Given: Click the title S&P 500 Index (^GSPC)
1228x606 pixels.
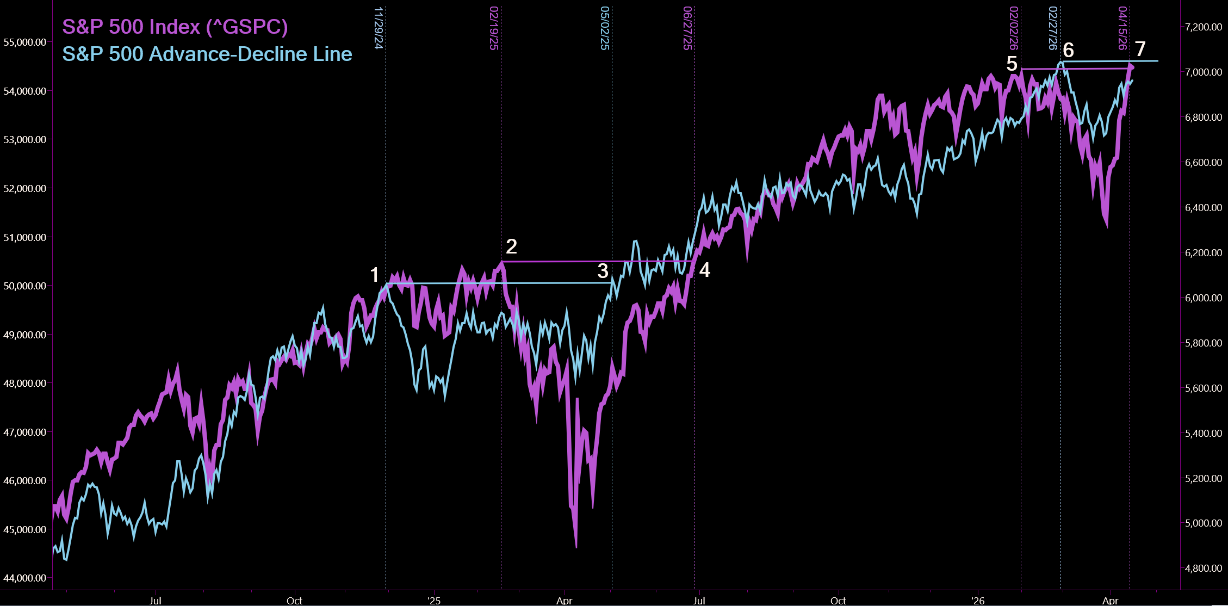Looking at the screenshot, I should tap(175, 27).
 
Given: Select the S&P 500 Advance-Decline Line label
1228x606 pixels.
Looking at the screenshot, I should tap(207, 54).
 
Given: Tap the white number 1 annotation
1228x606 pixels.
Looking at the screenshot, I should tap(374, 275).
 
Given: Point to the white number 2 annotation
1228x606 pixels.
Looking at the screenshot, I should tap(511, 246).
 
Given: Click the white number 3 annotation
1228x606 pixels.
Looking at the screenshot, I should tap(603, 271).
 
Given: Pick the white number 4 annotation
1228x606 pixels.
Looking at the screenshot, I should tap(704, 270).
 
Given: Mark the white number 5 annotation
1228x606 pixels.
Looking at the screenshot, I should tap(1012, 64).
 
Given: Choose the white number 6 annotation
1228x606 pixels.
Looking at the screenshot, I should tap(1068, 50).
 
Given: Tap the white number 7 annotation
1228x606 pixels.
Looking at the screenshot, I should tap(1140, 49).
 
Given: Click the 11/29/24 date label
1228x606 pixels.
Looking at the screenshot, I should tap(379, 28).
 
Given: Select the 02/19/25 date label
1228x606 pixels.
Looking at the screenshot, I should tap(494, 28).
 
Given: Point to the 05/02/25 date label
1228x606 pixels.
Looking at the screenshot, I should tap(605, 28).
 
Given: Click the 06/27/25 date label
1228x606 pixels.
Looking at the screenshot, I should tap(687, 28).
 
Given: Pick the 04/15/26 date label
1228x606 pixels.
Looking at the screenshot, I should tap(1122, 28).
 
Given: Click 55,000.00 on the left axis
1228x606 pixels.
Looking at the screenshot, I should tap(25, 42).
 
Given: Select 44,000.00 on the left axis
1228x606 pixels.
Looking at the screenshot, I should tap(25, 578).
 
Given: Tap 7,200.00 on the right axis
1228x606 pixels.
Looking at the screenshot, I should tap(1204, 27).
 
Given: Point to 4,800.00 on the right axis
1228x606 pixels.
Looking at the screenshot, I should tap(1204, 568).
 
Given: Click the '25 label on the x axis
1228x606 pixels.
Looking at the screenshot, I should tap(434, 601).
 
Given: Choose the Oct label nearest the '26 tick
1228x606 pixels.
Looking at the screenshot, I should tap(838, 601).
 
